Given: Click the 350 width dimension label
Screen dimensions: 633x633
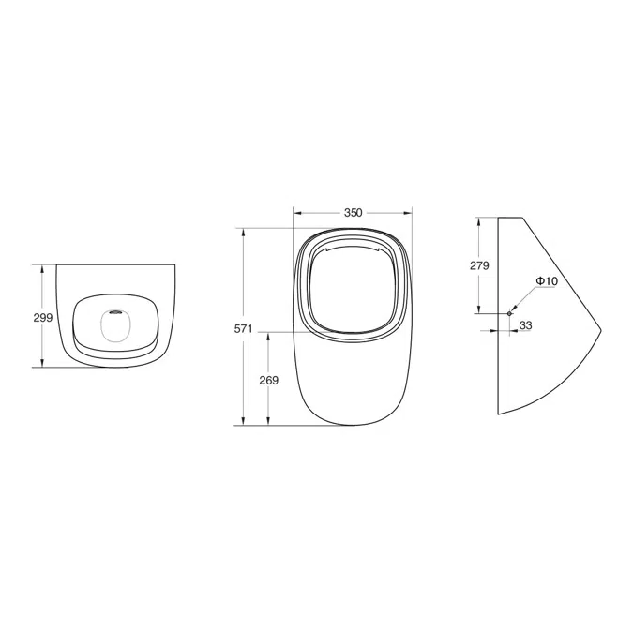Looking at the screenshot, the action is point(354,212).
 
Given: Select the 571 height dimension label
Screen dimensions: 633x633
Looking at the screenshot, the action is point(243,329).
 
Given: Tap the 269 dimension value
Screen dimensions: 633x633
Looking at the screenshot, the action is point(269,381).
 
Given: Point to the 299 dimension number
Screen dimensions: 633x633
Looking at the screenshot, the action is point(43,318).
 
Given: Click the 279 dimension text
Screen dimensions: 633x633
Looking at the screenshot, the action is point(479,265).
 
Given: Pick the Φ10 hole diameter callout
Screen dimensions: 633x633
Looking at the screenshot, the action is point(547,281).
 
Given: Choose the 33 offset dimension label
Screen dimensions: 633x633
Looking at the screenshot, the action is point(525,325).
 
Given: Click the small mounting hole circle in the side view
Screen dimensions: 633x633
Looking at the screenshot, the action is point(509,313).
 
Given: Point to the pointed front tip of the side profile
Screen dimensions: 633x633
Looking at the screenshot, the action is point(601,330).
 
